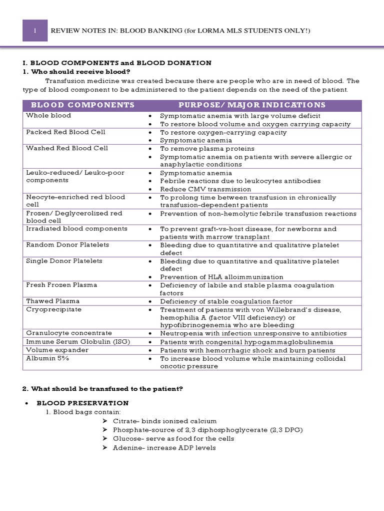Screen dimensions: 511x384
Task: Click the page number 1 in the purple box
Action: click(35, 31)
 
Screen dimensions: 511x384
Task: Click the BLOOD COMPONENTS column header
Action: click(82, 105)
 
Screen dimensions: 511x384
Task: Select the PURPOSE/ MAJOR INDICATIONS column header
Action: click(252, 105)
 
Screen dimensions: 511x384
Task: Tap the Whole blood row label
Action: click(48, 115)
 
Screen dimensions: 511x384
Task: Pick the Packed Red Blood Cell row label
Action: click(65, 132)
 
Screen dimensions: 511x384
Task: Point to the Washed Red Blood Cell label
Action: click(67, 148)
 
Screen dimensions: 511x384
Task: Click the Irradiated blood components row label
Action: click(76, 229)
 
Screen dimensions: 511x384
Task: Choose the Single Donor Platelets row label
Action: click(64, 261)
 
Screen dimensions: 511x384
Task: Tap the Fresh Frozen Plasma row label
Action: click(61, 285)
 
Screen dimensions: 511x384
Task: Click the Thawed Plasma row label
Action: click(52, 301)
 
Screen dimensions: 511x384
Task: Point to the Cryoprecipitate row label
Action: click(53, 309)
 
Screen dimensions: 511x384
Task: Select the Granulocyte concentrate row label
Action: click(69, 333)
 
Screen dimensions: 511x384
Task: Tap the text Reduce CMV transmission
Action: click(205, 189)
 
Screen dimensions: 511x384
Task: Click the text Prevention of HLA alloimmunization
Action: click(221, 277)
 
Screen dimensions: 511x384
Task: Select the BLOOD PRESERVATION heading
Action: click(83, 403)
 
